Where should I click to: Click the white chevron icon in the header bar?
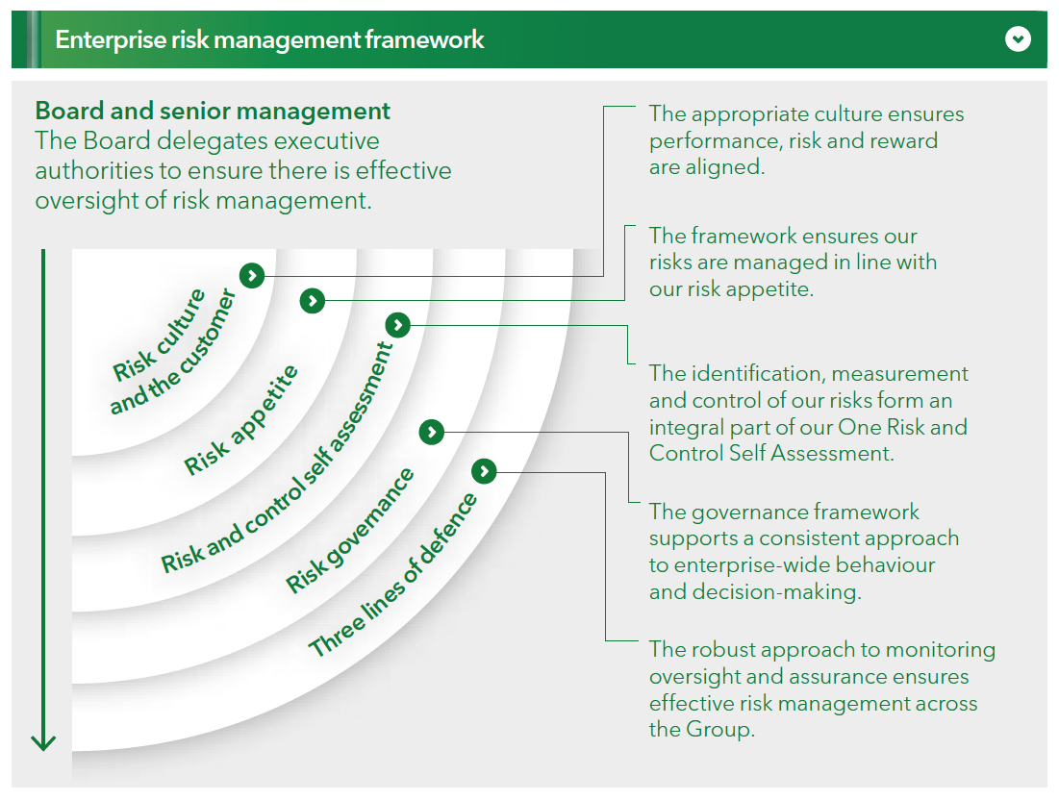pyautogui.click(x=1018, y=39)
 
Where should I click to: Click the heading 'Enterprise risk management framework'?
pyautogui.click(x=269, y=39)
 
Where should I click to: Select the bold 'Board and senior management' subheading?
pyautogui.click(x=213, y=112)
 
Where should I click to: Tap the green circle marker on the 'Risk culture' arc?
pyautogui.click(x=252, y=276)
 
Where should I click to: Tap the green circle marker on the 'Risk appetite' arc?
pyautogui.click(x=312, y=301)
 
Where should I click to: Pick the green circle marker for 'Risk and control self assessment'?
pyautogui.click(x=397, y=326)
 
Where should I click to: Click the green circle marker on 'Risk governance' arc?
pyautogui.click(x=432, y=433)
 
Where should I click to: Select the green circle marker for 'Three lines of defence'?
pyautogui.click(x=484, y=471)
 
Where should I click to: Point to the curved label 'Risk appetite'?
pyautogui.click(x=241, y=420)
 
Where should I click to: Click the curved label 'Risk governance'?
pyautogui.click(x=350, y=530)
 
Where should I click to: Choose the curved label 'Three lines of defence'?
pyautogui.click(x=392, y=575)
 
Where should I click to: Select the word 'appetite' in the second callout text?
pyautogui.click(x=767, y=288)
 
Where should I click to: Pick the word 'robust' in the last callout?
pyautogui.click(x=723, y=650)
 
